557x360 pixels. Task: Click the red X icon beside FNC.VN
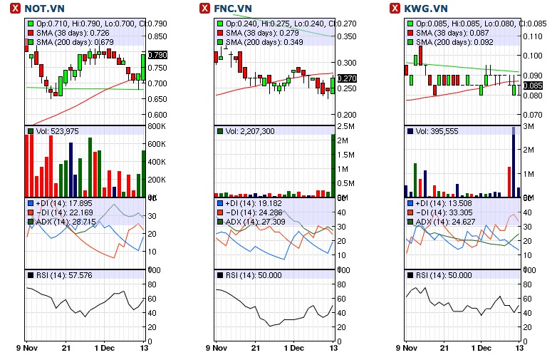tap(204, 9)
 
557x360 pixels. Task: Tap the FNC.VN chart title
tap(236, 9)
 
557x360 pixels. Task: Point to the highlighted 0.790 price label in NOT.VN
tap(157, 55)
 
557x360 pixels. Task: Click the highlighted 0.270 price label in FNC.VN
tap(347, 78)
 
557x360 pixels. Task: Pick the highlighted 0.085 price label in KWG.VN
tap(533, 86)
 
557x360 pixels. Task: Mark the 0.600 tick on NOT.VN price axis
tap(157, 115)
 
